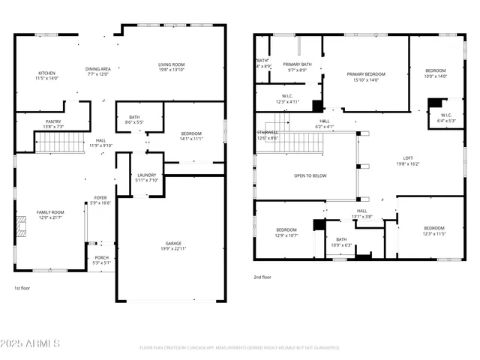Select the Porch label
[101, 260]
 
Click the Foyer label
[100, 200]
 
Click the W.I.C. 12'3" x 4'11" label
[287, 98]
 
